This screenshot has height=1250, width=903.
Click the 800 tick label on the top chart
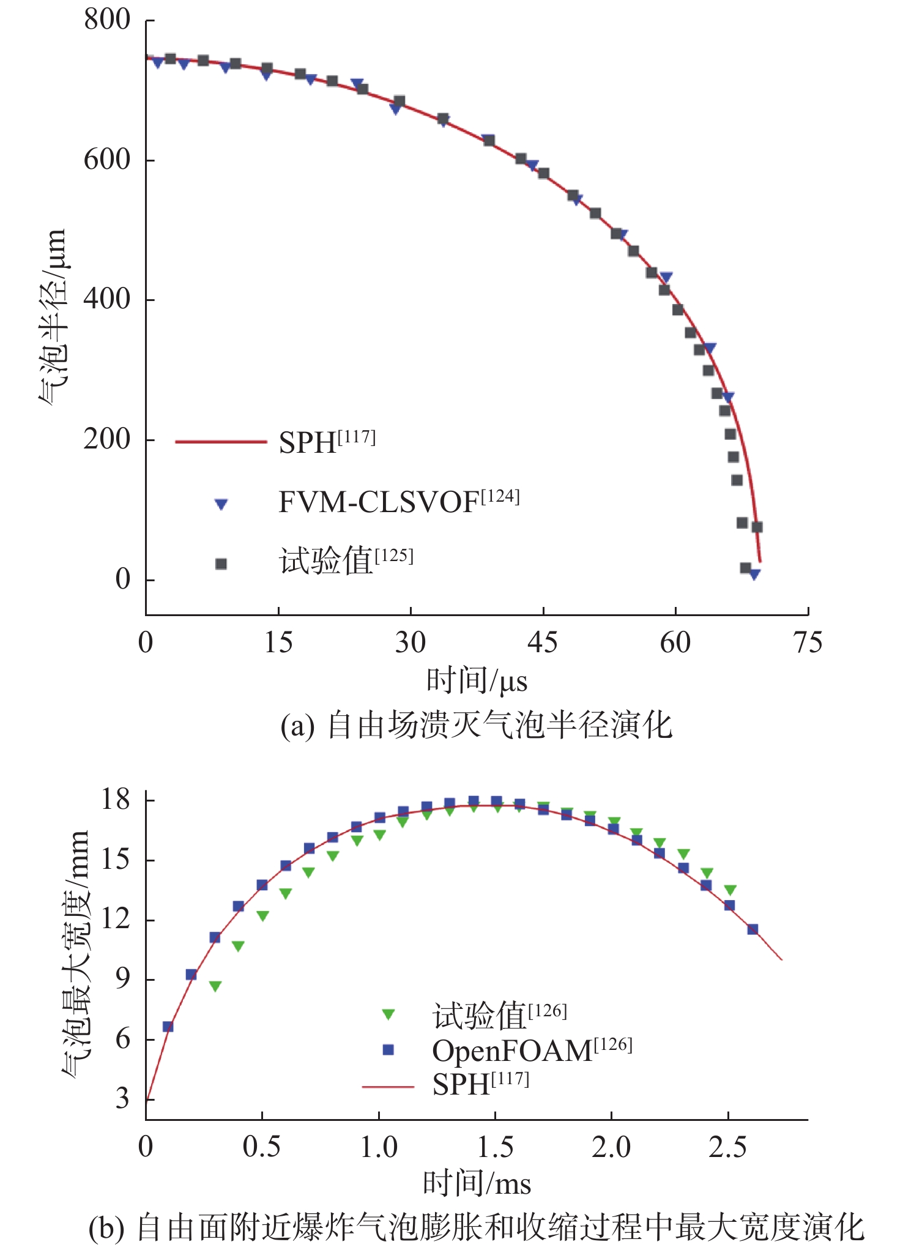click(x=107, y=20)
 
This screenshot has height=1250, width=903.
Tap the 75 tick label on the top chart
click(x=808, y=643)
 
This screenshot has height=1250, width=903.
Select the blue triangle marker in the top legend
click(x=221, y=504)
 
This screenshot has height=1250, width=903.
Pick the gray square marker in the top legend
click(x=221, y=564)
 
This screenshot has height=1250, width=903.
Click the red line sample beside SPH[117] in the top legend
click(x=221, y=441)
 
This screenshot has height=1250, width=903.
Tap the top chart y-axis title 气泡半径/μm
click(x=51, y=316)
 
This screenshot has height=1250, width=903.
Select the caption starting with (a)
click(x=477, y=726)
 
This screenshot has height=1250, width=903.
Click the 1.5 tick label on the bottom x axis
click(x=495, y=1148)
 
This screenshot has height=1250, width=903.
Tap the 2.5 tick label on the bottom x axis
click(x=727, y=1148)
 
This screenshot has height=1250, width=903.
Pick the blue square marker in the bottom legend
click(x=388, y=1050)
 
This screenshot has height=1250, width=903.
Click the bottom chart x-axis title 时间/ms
click(x=477, y=1184)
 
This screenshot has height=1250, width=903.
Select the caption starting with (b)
click(x=477, y=1228)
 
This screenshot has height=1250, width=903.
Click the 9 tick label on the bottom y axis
click(x=122, y=979)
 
